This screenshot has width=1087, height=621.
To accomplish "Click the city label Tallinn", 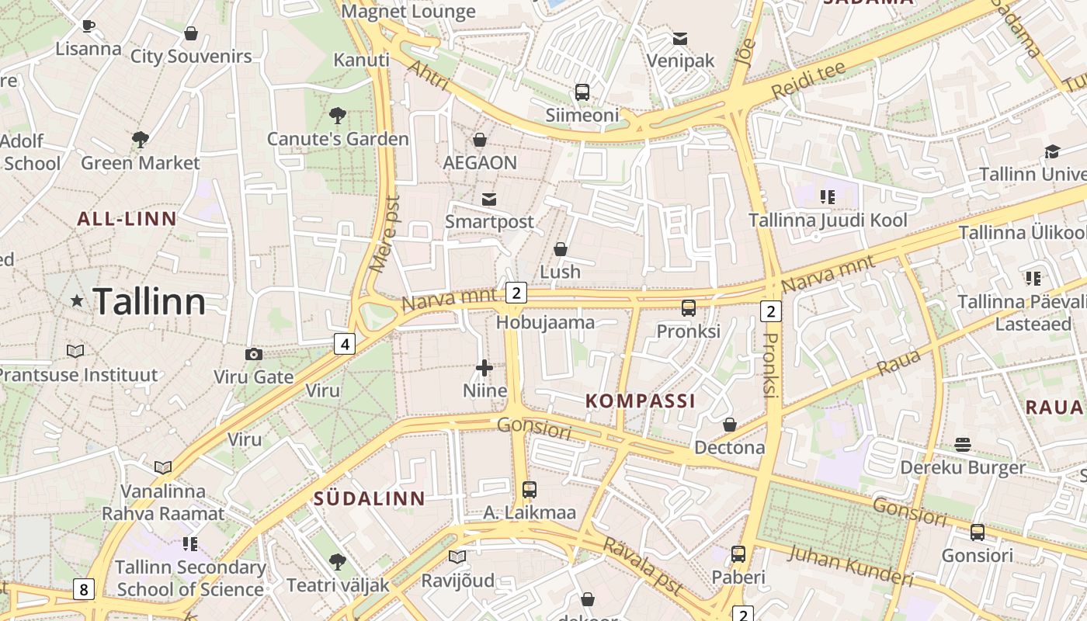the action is (x=149, y=301).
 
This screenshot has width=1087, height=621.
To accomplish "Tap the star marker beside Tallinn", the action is (x=77, y=300).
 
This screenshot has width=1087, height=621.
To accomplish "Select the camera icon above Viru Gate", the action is (x=253, y=355).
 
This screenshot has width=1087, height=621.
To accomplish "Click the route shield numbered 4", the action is (x=345, y=343).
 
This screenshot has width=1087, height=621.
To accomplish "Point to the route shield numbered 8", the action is (x=84, y=589).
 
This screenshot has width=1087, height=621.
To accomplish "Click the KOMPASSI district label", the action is (x=640, y=401).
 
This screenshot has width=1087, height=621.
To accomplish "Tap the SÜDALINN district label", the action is (x=370, y=499).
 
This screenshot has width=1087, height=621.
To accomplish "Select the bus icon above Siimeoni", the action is (x=582, y=92).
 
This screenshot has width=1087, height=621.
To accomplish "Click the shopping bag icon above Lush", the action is (x=560, y=249).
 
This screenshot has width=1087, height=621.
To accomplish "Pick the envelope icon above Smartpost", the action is (x=489, y=199).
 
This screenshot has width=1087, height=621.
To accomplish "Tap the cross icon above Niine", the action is (x=484, y=368).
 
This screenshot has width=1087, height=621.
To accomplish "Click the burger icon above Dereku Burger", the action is (x=963, y=445).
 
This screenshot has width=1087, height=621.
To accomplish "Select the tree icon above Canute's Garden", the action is (x=337, y=116).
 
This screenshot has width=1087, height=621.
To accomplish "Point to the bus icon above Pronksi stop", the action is (x=688, y=308).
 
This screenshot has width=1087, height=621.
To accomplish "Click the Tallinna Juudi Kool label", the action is (x=828, y=220).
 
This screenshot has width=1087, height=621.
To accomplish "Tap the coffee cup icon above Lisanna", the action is (x=89, y=26).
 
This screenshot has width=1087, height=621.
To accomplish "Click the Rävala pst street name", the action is (x=642, y=567).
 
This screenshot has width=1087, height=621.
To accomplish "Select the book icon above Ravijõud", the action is (x=457, y=557).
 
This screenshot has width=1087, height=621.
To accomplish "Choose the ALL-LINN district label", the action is (x=127, y=219).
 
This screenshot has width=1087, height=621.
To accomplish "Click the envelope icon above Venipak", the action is (x=680, y=38).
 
